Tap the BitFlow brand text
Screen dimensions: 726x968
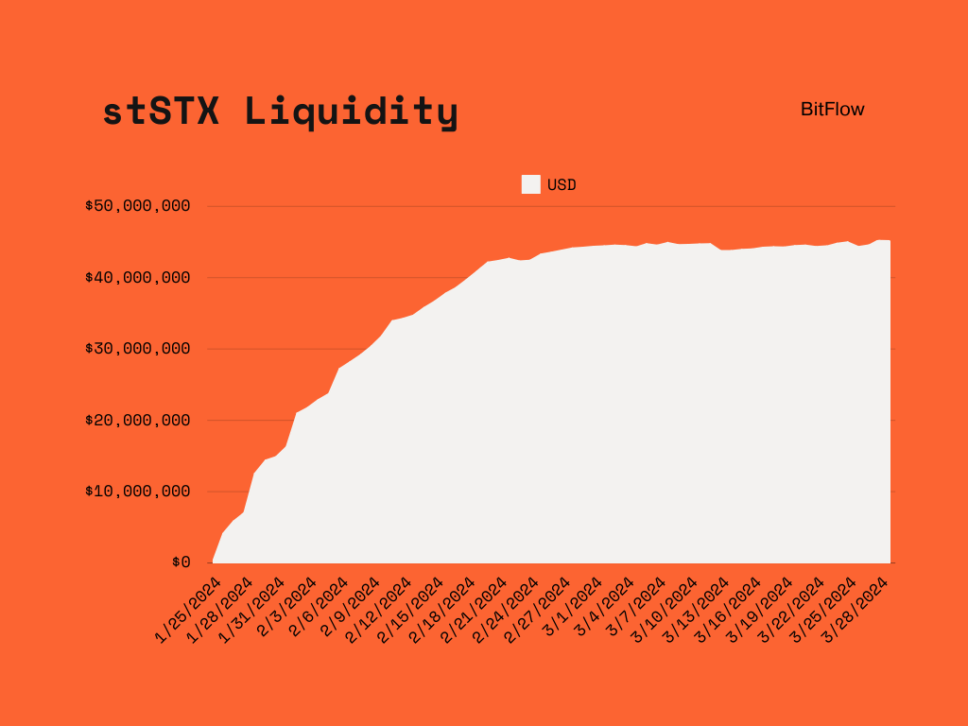coord(832,109)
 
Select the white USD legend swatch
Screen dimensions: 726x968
coord(530,184)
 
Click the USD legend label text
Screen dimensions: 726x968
coord(562,184)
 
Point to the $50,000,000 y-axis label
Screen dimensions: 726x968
coord(138,206)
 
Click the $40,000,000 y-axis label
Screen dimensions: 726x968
coord(138,277)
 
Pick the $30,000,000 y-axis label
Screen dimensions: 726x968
coord(138,349)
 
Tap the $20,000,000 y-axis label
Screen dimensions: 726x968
coord(138,420)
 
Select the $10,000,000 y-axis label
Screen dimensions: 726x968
coord(138,492)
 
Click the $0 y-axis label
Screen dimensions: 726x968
coord(181,562)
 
